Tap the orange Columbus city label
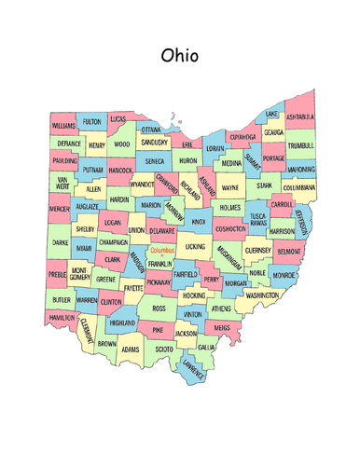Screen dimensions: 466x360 tap(162, 251)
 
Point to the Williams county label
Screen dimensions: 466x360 tap(63, 125)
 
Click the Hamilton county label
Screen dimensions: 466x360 tap(62, 318)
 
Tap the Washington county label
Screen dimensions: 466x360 tap(262, 295)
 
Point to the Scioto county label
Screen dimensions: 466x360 tap(163, 349)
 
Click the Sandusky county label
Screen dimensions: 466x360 tap(154, 143)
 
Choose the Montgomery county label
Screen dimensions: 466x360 tap(79, 273)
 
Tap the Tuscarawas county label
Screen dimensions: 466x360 tap(258, 220)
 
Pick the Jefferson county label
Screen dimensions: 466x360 tap(300, 222)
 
